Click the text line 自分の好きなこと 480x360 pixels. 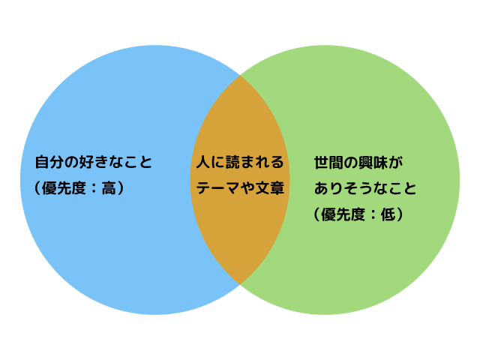tap(93, 162)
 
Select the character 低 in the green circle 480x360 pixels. tap(388, 214)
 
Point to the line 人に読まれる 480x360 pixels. tap(240, 162)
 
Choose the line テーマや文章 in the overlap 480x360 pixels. tap(240, 188)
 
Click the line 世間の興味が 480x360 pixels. tap(358, 162)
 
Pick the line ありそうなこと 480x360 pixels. tap(365, 188)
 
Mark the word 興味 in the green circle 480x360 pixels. tap(366, 162)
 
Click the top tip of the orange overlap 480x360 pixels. tap(240, 76)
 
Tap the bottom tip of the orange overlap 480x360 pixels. tap(240, 283)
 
